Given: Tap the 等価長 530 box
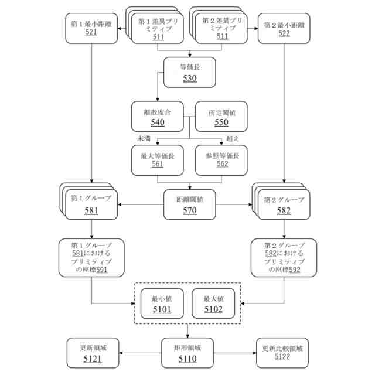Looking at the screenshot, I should [x=189, y=71].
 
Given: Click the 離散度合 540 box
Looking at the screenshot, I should [x=157, y=116].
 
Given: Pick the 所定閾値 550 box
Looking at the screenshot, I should [x=221, y=116].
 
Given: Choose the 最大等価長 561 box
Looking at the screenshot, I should [x=157, y=161].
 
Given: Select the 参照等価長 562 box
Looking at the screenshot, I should [x=221, y=161].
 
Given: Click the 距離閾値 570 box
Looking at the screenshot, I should [x=189, y=204].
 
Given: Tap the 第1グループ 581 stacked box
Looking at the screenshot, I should [x=91, y=204].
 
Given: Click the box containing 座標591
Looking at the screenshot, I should [x=91, y=257].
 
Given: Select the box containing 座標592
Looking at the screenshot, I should [x=284, y=257].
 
